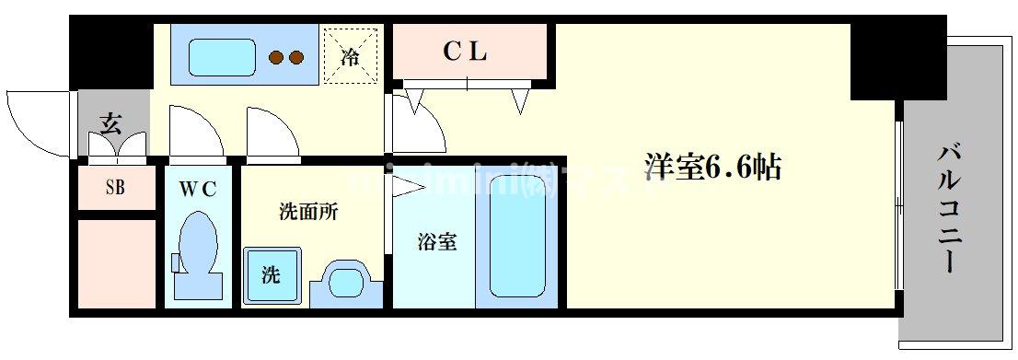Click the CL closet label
[464, 53]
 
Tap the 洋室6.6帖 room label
[713, 168]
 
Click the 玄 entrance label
[110, 122]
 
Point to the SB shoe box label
[115, 188]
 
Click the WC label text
[198, 189]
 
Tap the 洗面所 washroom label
[308, 212]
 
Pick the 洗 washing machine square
[271, 275]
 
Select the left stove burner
[276, 58]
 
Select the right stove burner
[295, 58]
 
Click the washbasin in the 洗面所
[346, 280]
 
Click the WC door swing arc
[195, 129]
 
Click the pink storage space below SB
[115, 262]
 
